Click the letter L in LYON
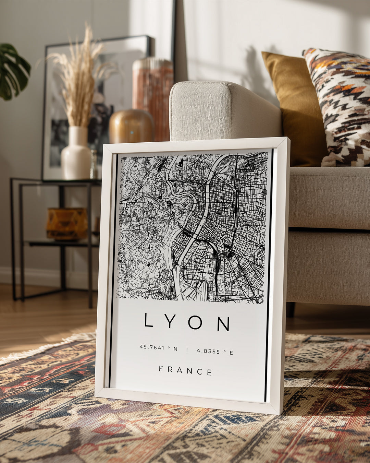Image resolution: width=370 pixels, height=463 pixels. click(x=148, y=320)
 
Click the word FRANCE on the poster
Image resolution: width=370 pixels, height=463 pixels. click(x=185, y=371)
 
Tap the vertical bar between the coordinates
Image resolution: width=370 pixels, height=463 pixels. click(x=187, y=350)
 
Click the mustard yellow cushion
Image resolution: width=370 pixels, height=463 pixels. click(x=291, y=103)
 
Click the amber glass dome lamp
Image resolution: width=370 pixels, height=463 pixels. click(x=131, y=126)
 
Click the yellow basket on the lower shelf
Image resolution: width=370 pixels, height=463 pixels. click(x=67, y=223)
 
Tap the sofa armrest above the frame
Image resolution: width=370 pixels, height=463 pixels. click(x=219, y=110)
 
